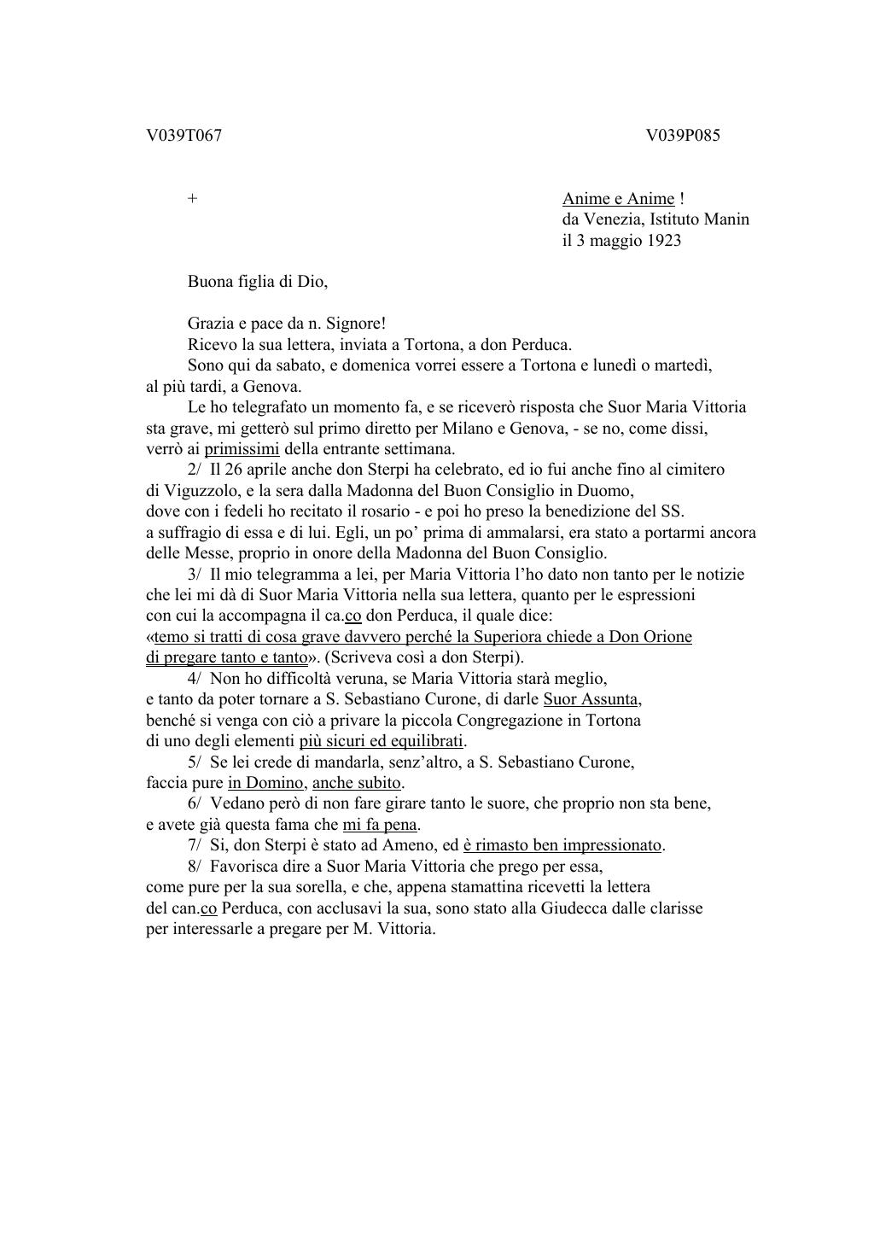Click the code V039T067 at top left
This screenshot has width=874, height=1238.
point(184,136)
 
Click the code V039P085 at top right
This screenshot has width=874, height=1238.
point(683,136)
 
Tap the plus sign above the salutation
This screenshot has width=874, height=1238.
point(193,199)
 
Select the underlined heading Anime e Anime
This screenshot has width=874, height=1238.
point(618,199)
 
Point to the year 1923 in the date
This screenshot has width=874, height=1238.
point(663,241)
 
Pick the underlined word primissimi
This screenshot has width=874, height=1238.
point(242,449)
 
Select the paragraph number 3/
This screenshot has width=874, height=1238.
point(195,575)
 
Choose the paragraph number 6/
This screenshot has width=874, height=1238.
point(195,803)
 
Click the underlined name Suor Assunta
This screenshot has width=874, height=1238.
point(591,699)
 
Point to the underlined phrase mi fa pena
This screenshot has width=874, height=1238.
point(380,825)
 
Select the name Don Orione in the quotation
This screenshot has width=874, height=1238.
point(650,637)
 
